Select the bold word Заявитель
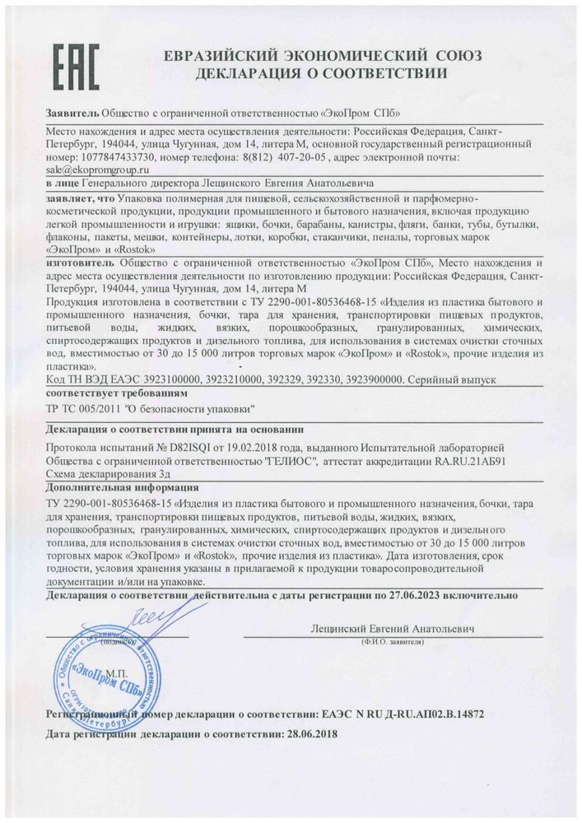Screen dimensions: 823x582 point(71,113)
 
